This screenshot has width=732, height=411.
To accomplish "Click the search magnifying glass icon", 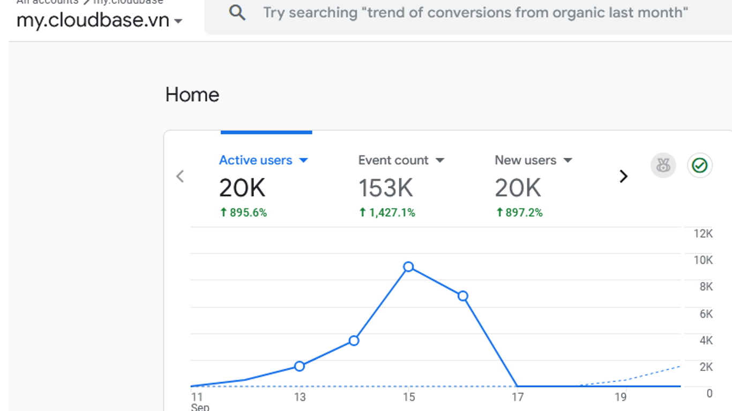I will click(x=237, y=12).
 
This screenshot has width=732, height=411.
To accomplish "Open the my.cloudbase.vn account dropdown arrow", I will click(x=178, y=21).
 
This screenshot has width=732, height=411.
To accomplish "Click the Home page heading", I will click(x=192, y=95).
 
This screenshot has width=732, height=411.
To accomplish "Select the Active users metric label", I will click(x=256, y=160).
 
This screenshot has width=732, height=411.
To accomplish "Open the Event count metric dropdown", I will click(x=440, y=161).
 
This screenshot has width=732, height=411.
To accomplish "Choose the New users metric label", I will click(x=525, y=160).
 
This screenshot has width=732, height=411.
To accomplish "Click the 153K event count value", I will click(x=385, y=188).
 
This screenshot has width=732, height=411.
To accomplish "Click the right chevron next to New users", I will click(x=623, y=176).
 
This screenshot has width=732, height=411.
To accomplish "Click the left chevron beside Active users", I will click(x=180, y=176).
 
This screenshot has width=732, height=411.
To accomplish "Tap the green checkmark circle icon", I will click(x=699, y=165).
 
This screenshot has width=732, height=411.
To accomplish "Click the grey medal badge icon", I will click(x=663, y=165).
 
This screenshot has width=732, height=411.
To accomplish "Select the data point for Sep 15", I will click(x=408, y=267).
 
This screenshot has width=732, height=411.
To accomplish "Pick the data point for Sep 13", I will click(x=300, y=366).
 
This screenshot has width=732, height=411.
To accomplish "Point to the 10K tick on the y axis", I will click(x=703, y=260).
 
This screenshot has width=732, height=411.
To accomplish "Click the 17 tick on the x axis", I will click(x=517, y=397).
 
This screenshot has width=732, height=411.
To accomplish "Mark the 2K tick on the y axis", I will click(x=706, y=367).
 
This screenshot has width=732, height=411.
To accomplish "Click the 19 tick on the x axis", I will click(x=621, y=397).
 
